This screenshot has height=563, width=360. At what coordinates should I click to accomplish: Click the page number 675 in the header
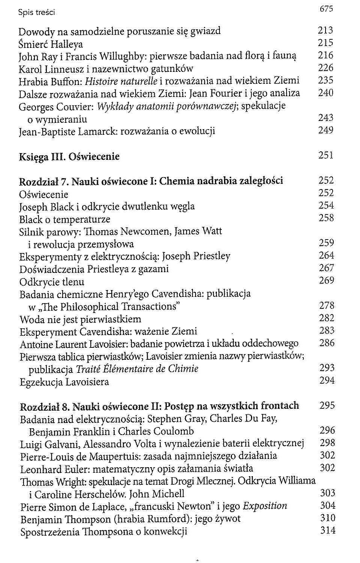coord(326,9)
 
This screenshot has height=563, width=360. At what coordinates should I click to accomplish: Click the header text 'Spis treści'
coord(36,13)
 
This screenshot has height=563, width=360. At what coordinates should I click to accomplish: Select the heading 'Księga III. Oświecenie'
coord(69,156)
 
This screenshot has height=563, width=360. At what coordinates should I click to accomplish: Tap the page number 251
coord(326,155)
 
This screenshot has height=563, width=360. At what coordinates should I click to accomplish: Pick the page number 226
coord(325,68)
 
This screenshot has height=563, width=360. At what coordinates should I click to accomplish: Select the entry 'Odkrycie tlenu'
coord(52,282)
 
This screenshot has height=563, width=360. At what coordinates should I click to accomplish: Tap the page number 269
coord(326,280)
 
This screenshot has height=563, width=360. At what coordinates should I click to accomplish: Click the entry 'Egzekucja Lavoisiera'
coord(64,382)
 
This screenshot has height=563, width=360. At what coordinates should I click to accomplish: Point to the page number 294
coord(327,381)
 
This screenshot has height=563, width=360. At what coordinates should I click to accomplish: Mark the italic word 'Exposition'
coord(265,506)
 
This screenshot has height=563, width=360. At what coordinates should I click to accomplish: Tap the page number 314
coord(327,530)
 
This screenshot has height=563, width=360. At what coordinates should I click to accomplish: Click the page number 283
coord(327,331)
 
